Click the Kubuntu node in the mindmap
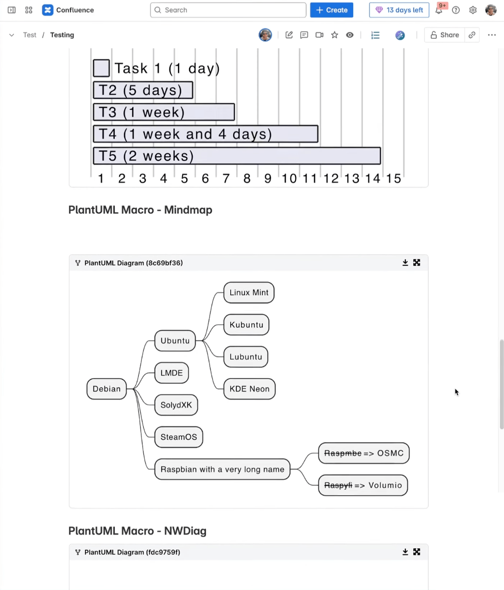246,325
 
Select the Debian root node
106,389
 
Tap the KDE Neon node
249,389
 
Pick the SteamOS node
178,437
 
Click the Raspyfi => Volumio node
363,485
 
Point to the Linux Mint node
249,293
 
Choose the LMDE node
172,373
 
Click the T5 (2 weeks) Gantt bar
237,156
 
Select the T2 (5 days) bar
143,90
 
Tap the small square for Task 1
101,68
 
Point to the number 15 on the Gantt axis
393,178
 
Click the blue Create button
332,10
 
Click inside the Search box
228,10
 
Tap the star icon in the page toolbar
334,35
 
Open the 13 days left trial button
399,10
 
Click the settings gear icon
473,10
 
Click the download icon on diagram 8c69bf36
405,263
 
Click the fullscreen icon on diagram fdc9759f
417,552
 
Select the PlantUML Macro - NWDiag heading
137,531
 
